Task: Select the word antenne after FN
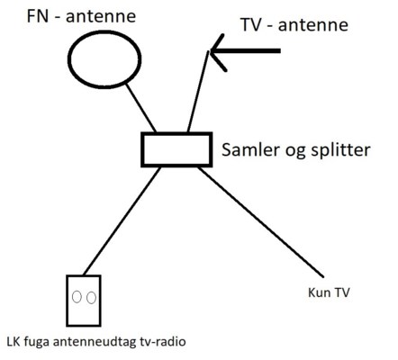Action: pos(101,17)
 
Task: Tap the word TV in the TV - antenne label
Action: pos(251,25)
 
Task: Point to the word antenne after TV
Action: pos(313,25)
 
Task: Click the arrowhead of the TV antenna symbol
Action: pos(211,51)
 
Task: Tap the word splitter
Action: pos(340,149)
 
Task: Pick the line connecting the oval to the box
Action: pos(140,108)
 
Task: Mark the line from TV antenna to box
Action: pos(198,92)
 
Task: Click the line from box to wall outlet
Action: pos(122,220)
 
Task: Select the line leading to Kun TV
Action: pos(261,222)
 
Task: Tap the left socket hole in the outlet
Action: pos(77,297)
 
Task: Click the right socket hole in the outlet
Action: pos(91,298)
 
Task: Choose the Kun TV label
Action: pos(329,292)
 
